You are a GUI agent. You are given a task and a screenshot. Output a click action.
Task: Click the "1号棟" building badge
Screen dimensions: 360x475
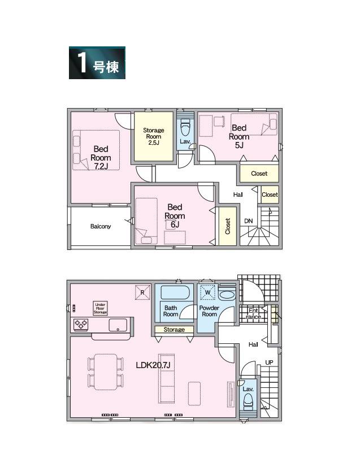click(x=97, y=63)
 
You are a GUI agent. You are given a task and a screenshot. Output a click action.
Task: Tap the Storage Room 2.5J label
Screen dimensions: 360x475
click(x=154, y=136)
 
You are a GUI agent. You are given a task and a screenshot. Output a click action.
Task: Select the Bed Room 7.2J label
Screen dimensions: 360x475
click(x=101, y=158)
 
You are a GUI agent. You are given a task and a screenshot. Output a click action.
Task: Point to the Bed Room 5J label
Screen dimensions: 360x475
click(x=239, y=136)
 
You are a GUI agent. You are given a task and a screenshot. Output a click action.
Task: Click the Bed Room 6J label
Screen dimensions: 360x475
click(x=175, y=215)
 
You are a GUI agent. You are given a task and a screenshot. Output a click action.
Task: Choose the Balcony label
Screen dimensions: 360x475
click(x=101, y=226)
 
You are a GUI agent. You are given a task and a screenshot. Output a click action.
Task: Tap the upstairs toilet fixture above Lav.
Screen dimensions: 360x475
click(x=185, y=128)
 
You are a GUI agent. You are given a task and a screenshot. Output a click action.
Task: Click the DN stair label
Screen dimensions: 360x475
click(x=249, y=221)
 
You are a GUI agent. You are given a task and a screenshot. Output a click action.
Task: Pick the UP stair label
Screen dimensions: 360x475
click(x=269, y=362)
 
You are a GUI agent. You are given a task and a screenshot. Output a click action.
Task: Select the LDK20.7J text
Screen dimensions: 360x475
click(x=153, y=365)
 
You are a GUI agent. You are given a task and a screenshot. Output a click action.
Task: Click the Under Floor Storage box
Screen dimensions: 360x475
click(x=100, y=308)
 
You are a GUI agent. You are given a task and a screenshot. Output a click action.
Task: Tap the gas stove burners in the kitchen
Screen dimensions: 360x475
click(x=81, y=325)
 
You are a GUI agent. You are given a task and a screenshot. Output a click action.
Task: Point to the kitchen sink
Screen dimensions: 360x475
click(x=118, y=325)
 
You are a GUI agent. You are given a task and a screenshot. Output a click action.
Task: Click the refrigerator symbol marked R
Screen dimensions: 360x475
click(x=142, y=292)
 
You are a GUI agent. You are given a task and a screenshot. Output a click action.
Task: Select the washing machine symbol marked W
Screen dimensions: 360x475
click(x=208, y=292)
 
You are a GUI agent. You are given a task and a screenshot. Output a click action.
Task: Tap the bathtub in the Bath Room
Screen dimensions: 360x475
click(x=175, y=292)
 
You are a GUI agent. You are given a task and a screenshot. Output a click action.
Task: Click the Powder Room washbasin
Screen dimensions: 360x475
click(x=227, y=295)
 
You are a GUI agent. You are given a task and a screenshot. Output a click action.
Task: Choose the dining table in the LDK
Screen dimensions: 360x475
click(x=106, y=372)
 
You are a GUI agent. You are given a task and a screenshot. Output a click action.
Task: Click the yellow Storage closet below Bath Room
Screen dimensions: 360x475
click(x=174, y=330)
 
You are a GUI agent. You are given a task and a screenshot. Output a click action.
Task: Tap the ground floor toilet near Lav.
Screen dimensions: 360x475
click(x=248, y=401)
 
